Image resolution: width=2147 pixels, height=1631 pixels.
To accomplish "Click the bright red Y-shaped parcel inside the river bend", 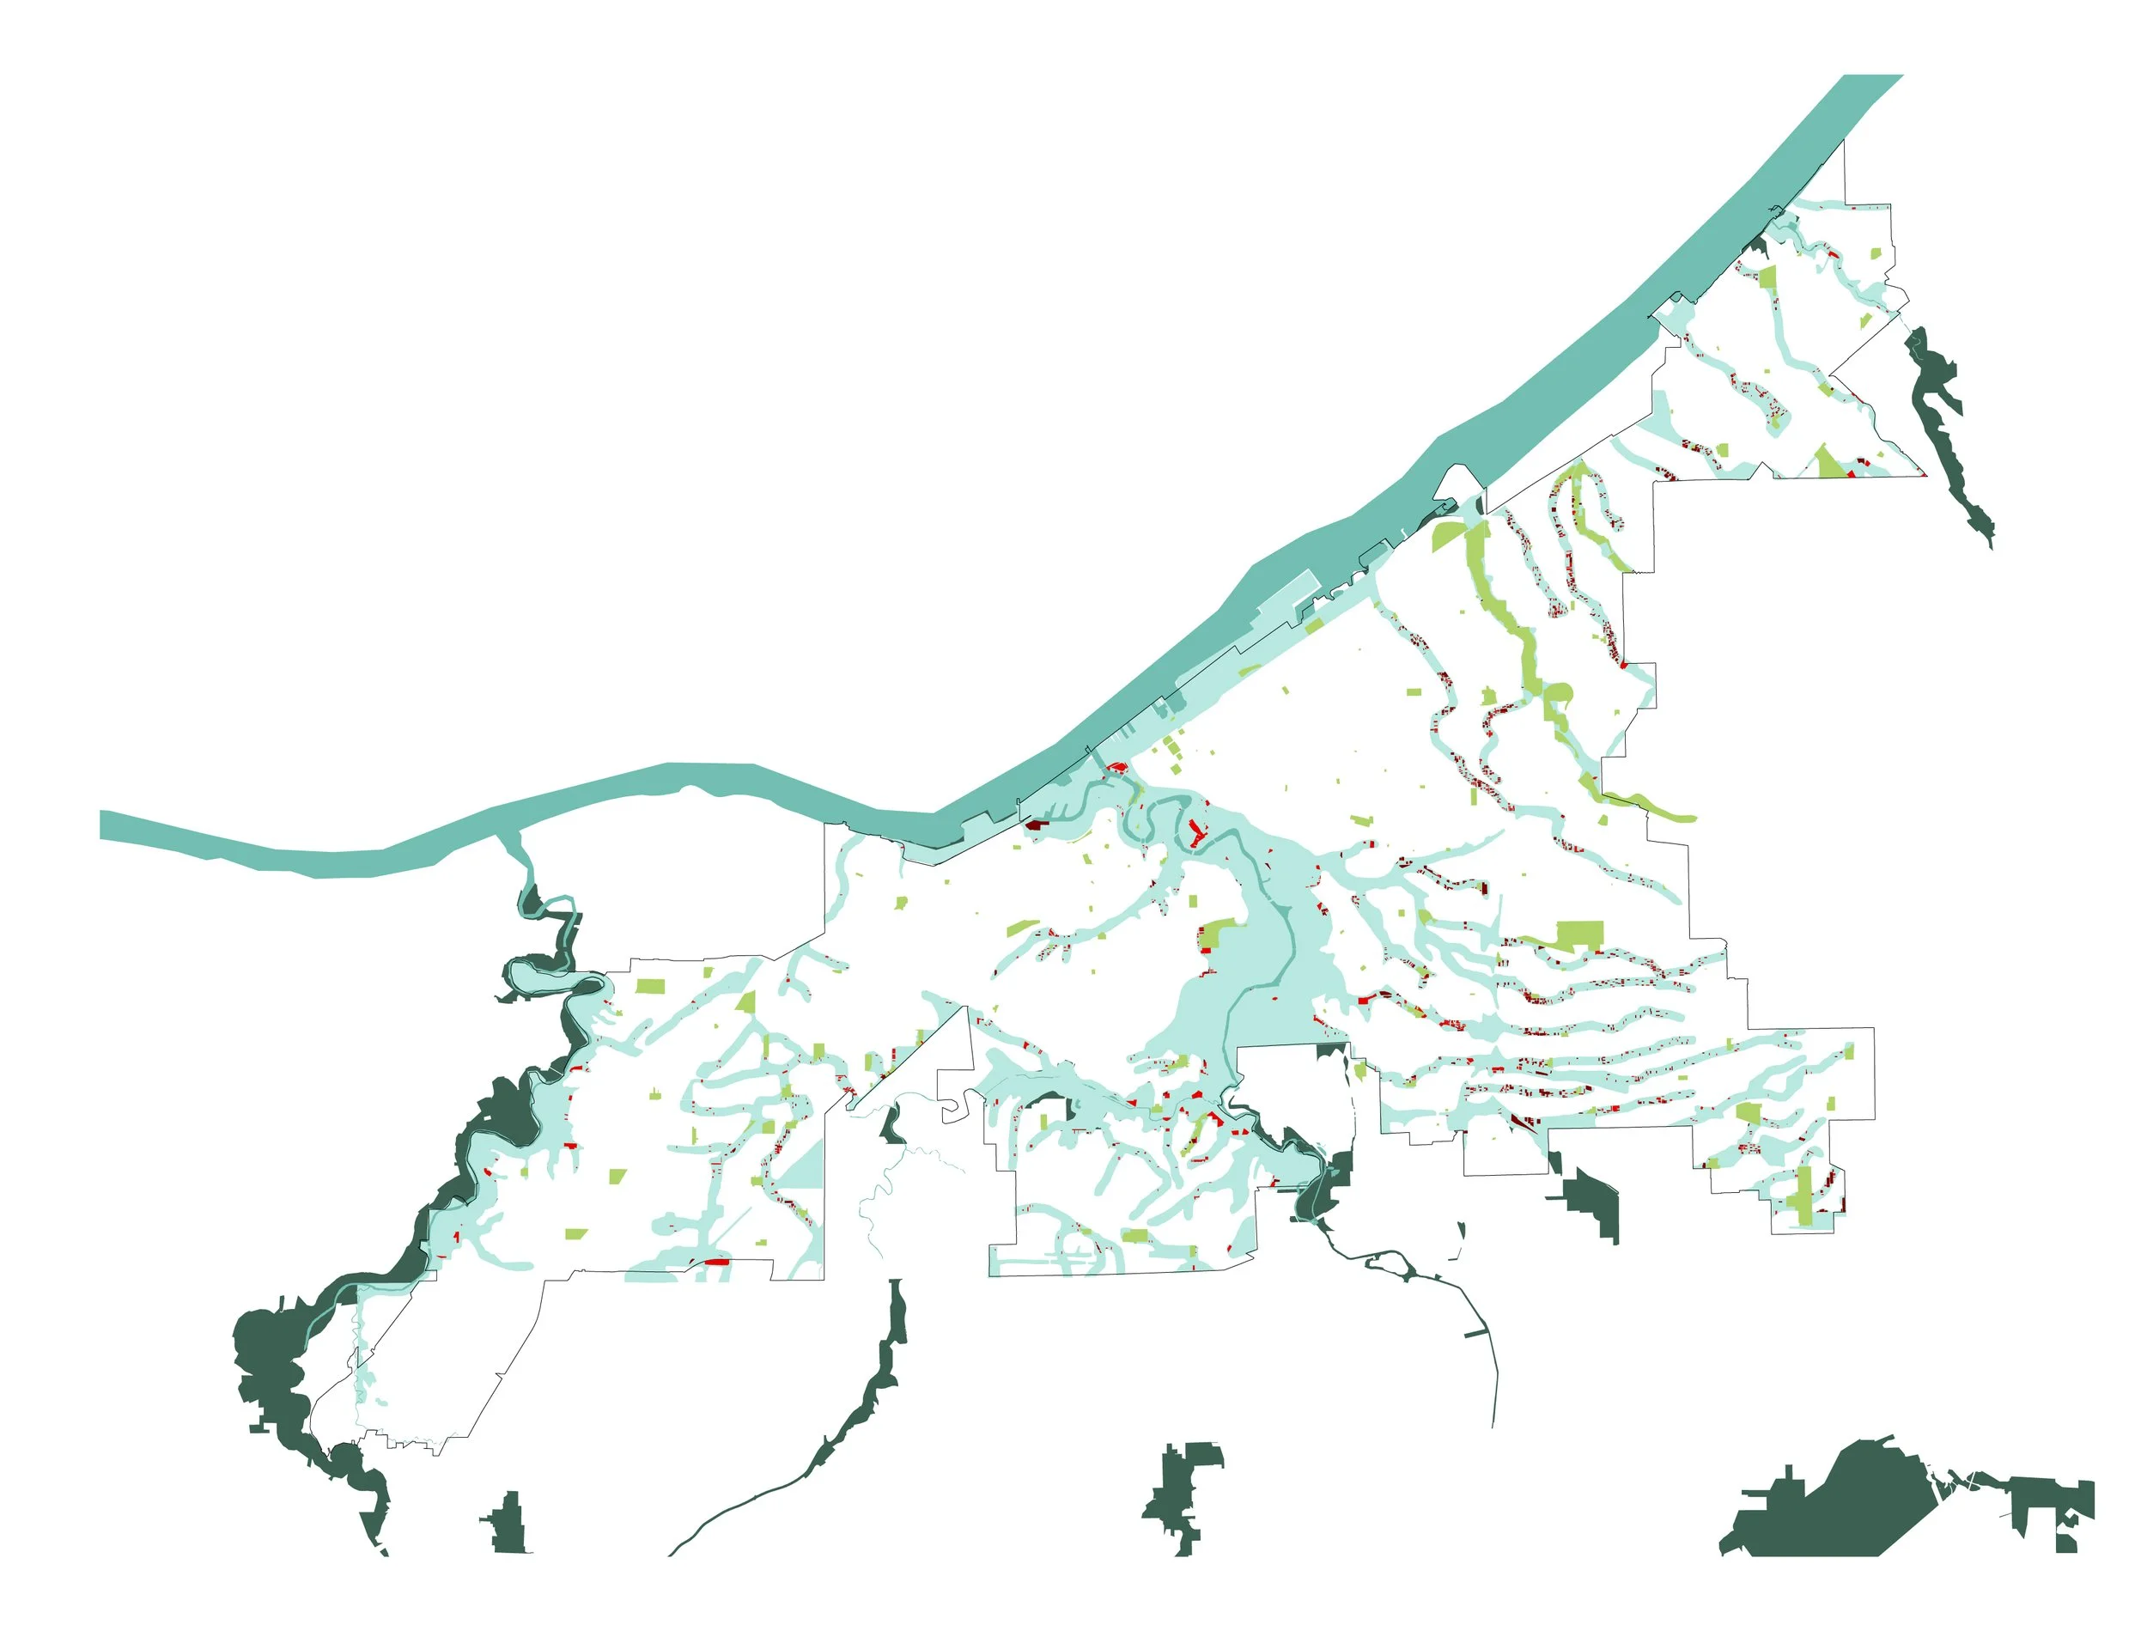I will click(x=1195, y=835).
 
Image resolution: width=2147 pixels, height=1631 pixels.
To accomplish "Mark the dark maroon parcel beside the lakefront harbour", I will click(x=1036, y=825).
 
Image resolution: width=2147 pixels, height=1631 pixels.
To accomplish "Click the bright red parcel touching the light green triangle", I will click(x=1850, y=474).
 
